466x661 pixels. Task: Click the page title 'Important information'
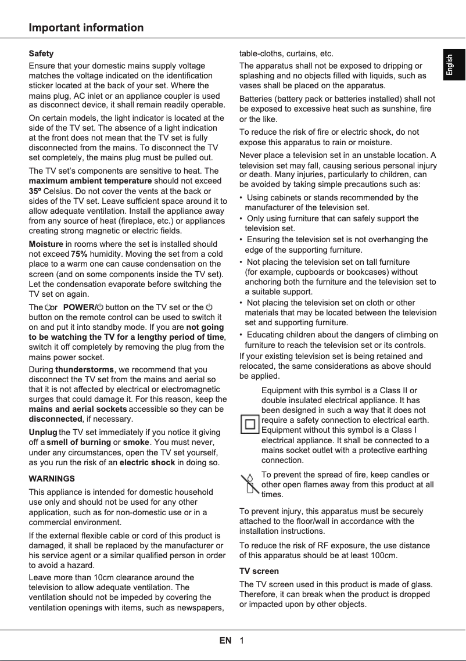(x=86, y=28)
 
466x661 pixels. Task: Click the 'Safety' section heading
(x=41, y=53)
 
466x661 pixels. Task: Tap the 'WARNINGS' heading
(x=52, y=479)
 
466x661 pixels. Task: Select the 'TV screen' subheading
(x=259, y=571)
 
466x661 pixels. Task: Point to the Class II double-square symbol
(x=250, y=424)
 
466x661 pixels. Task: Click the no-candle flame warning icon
(x=250, y=483)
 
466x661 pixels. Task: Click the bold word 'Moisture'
(x=46, y=244)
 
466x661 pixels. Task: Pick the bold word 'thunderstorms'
(x=84, y=369)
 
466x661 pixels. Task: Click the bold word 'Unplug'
(x=43, y=432)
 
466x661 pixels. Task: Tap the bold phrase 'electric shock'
(x=147, y=462)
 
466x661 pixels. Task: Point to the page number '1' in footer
(x=241, y=641)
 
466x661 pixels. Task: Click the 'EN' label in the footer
(x=225, y=641)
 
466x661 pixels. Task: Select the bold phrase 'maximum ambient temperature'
(x=90, y=181)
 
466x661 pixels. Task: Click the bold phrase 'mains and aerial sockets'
(x=78, y=409)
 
